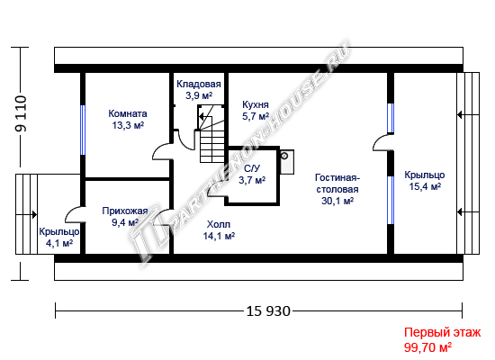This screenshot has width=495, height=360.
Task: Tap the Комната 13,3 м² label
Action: coord(128,120)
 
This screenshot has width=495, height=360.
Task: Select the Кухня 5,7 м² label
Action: coord(256,110)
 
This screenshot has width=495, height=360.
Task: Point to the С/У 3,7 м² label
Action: coord(252,175)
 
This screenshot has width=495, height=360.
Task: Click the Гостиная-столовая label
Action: coord(337,189)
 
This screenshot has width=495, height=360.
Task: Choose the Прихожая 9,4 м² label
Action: coord(125,217)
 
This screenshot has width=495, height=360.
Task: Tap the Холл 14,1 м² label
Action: coord(219,230)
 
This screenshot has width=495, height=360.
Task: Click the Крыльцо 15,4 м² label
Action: coord(425,181)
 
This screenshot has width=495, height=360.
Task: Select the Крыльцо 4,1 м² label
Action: coord(59,238)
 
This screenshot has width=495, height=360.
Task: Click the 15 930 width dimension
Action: coord(268,311)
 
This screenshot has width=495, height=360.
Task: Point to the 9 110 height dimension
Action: coord(22,113)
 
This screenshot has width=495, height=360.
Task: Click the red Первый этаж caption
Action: coord(443,332)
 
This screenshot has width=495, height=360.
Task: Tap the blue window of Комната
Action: coord(83,130)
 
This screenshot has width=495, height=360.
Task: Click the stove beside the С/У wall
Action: coord(287,162)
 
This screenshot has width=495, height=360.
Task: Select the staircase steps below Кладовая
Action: coord(212,147)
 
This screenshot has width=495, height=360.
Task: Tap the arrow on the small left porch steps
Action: coord(26,215)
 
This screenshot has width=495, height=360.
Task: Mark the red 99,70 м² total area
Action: coord(427,347)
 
